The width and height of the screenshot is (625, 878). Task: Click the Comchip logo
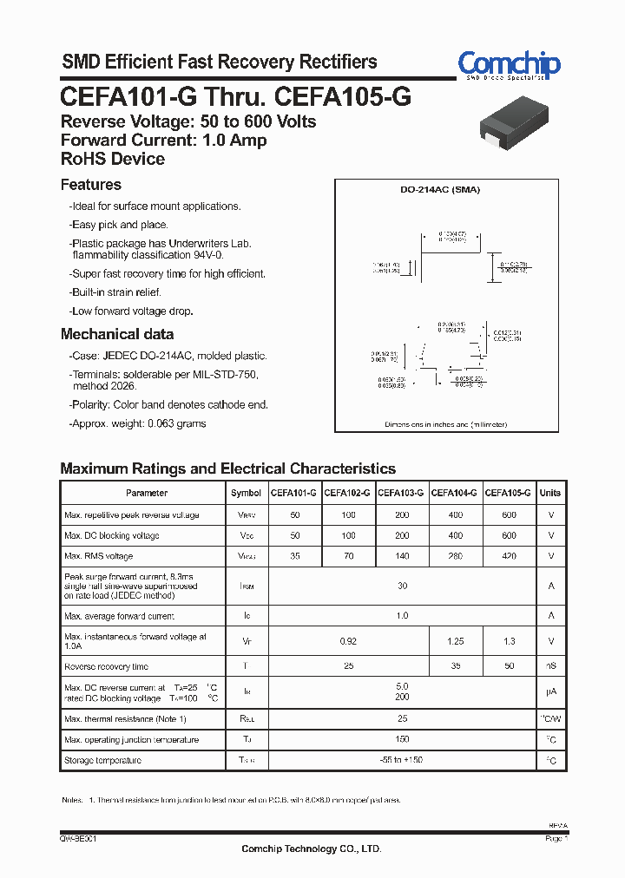[x=509, y=65]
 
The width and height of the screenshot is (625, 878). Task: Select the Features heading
[x=91, y=185]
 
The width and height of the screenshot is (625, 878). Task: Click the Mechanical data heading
[x=117, y=334]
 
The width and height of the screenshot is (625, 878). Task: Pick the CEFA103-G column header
[x=401, y=493]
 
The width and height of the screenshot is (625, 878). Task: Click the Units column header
[x=550, y=493]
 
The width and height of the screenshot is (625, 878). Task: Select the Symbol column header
[x=246, y=493]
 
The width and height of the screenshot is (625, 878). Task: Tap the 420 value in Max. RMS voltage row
[x=509, y=556]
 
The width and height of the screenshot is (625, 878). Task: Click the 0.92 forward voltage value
[x=348, y=641]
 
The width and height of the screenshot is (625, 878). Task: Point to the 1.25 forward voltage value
[x=455, y=641]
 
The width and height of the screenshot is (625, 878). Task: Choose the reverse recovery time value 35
[x=455, y=666]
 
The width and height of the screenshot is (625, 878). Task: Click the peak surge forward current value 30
[x=402, y=586]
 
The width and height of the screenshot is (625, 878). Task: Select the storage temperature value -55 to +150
[x=402, y=760]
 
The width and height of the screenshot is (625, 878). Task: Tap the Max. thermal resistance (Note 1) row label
[x=126, y=719]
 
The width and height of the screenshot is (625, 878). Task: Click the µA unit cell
[x=550, y=692]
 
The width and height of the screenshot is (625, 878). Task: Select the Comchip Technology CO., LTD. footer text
[x=312, y=849]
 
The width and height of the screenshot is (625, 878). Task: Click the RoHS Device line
[x=113, y=159]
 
